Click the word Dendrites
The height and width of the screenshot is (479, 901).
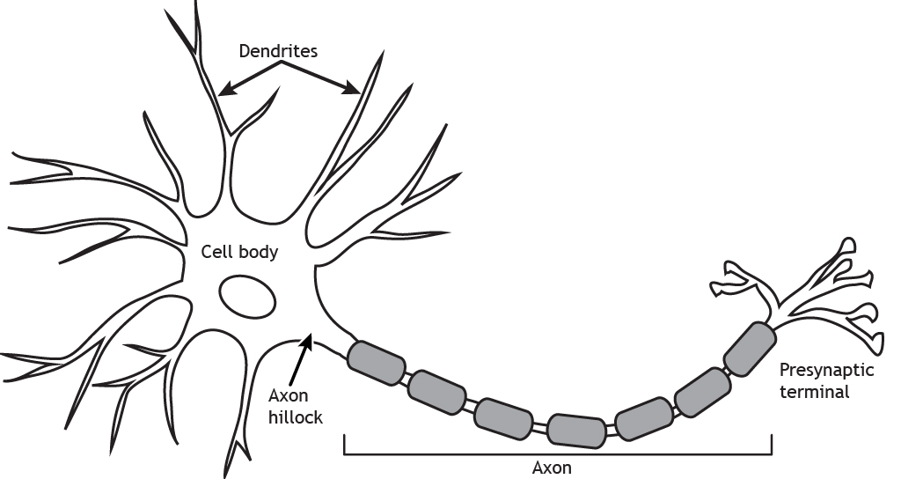coord(278,52)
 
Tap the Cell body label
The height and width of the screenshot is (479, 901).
coord(239,253)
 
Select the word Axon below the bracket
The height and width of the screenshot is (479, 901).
coord(552,468)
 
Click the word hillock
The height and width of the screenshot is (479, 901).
coord(296,417)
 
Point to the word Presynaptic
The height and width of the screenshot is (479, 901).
coord(826,372)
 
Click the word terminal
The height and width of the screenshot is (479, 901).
coord(819,393)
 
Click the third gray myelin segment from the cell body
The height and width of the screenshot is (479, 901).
coord(504,416)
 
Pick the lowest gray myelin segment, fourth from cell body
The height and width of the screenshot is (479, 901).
coord(576,429)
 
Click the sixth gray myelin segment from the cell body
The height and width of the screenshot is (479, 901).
coord(702,391)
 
